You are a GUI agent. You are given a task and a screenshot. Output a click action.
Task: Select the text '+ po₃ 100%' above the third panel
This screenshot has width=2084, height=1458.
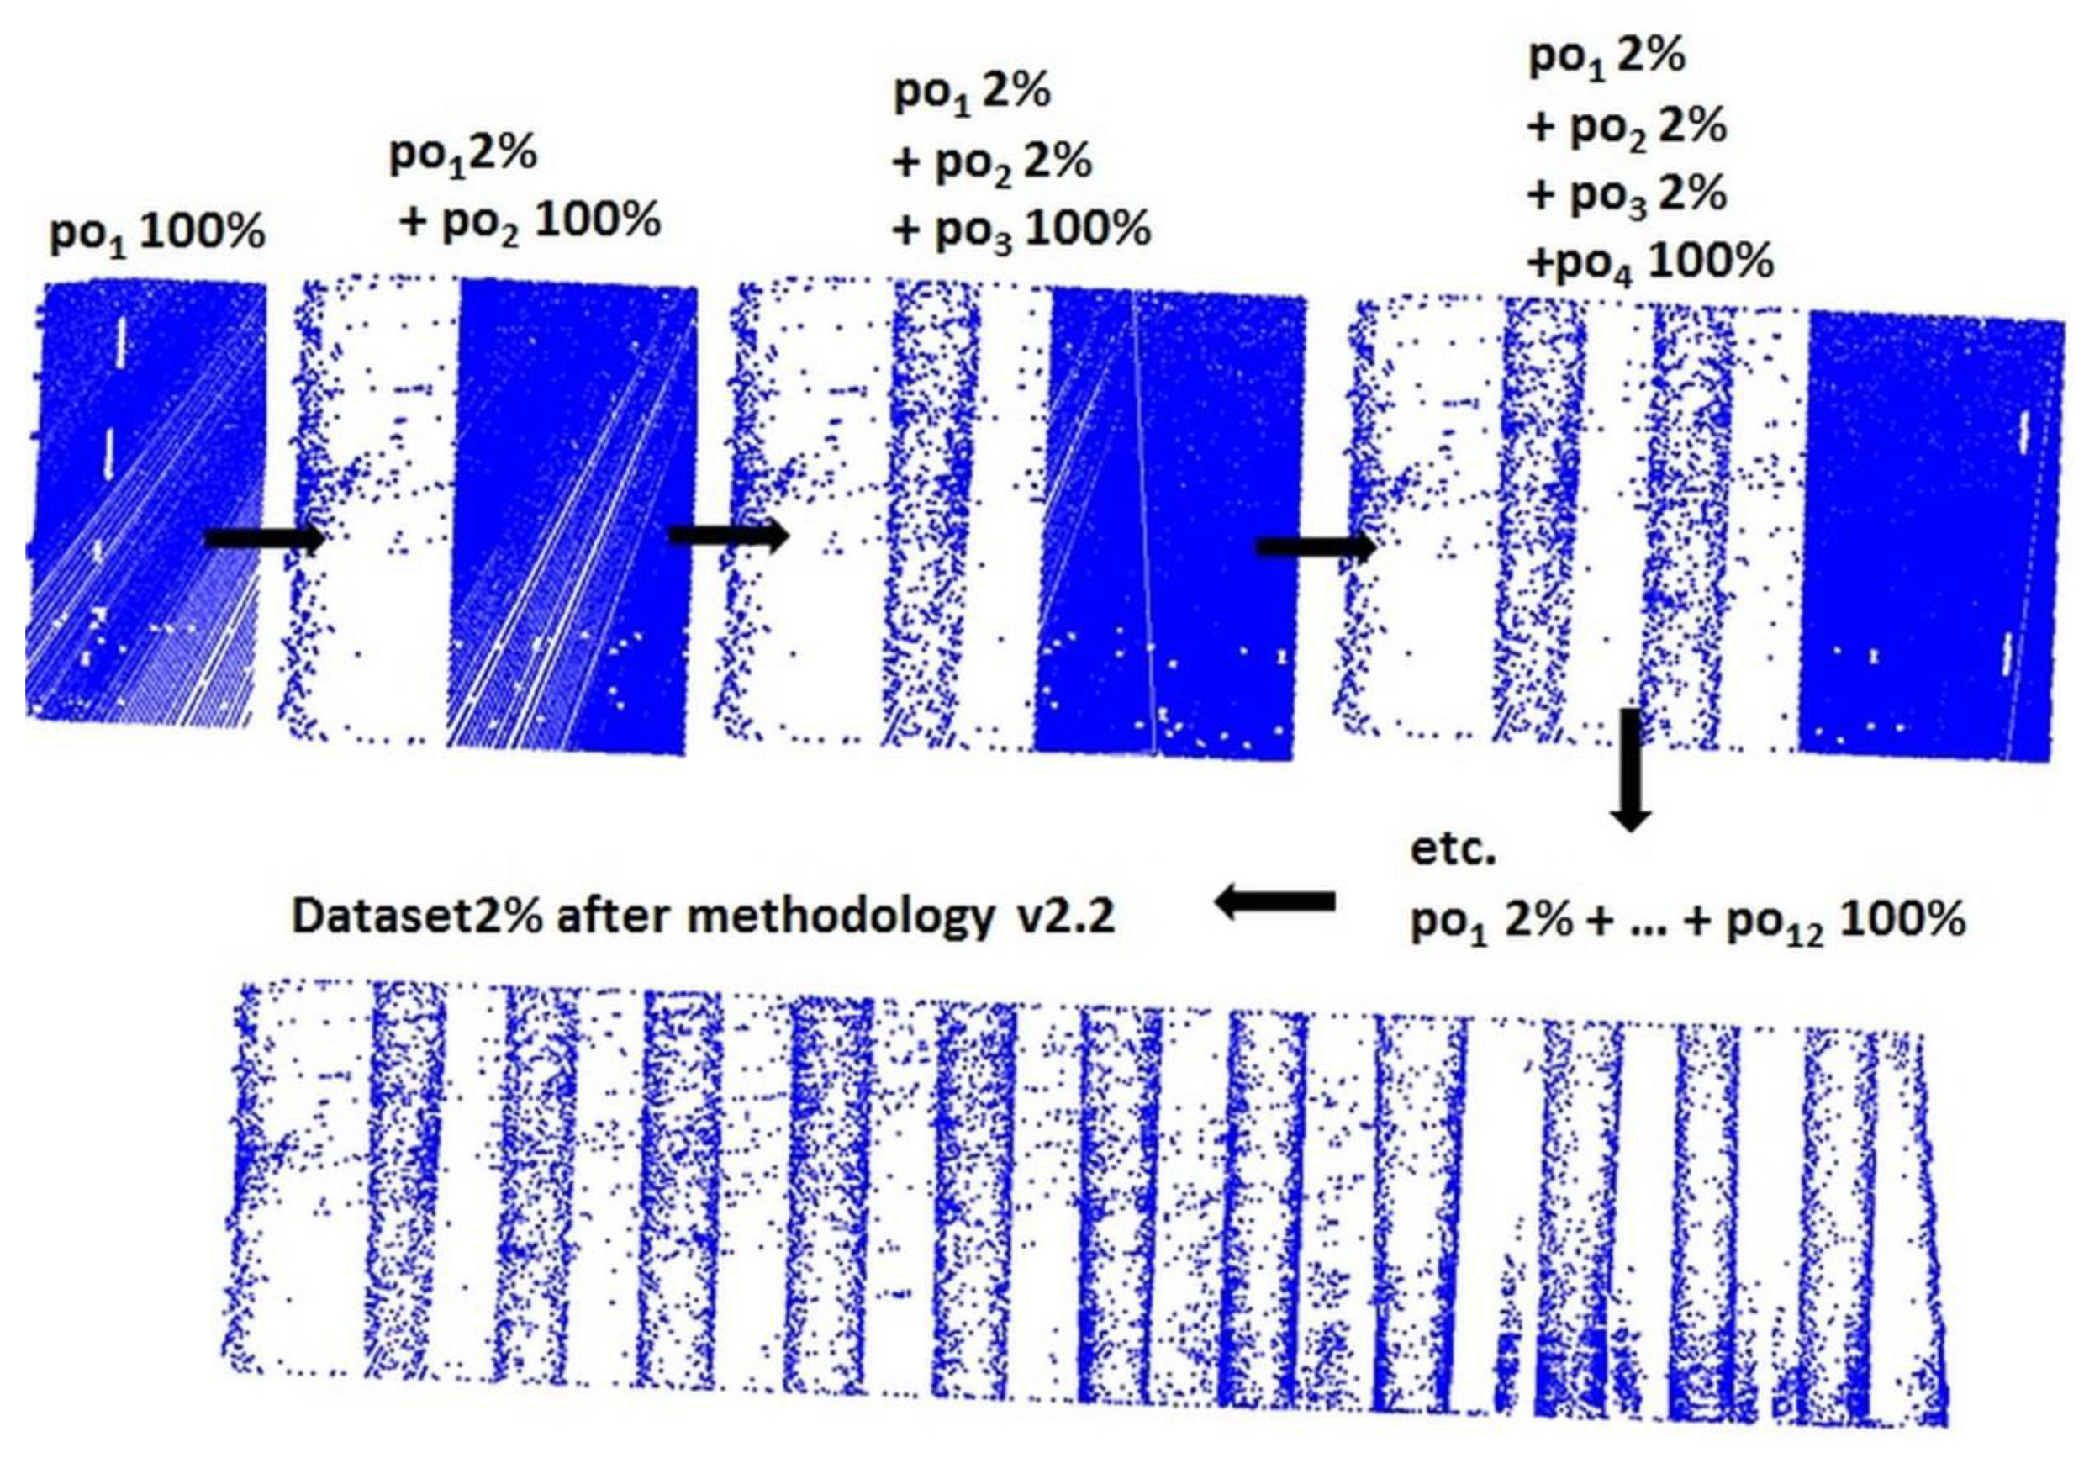1021,230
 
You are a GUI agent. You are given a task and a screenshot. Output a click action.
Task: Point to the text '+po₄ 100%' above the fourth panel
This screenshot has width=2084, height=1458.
1650,263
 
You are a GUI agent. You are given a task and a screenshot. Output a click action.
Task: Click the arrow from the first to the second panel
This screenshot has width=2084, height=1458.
264,539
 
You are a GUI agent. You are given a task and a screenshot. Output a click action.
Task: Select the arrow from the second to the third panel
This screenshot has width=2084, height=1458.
728,536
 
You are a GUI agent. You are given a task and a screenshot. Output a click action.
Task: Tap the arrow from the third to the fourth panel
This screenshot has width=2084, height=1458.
1315,547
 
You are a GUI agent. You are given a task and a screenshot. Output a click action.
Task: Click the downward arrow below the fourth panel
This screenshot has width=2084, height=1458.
1631,768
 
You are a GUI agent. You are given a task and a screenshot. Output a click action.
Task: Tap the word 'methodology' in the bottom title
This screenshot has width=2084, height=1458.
840,918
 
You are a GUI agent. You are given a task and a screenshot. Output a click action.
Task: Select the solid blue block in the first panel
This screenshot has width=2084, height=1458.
145,499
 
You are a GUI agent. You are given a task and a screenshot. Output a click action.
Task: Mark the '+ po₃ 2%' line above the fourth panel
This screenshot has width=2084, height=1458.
1627,195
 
